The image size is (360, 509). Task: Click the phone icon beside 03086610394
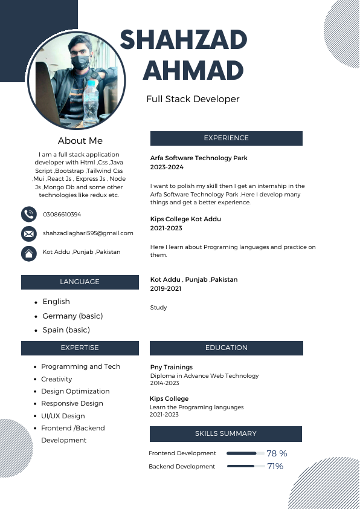point(28,215)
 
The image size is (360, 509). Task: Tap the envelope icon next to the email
point(28,233)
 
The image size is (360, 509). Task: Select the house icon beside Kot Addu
point(28,253)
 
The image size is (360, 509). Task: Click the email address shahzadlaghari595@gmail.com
point(88,233)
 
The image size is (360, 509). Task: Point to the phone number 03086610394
point(62,215)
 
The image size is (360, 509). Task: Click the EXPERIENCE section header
point(226,138)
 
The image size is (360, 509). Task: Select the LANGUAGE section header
point(80,282)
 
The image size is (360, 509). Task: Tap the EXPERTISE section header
point(80,348)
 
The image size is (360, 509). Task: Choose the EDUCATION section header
point(226,348)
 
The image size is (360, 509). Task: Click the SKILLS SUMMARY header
point(226,433)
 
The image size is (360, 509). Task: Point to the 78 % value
point(277,453)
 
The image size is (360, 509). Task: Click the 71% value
point(275,467)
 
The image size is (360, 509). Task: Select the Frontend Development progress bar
point(245,453)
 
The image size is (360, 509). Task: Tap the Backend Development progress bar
point(245,467)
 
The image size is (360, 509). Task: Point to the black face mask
point(80,62)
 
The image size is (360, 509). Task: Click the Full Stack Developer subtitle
point(193,99)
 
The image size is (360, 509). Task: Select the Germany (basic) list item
point(72,316)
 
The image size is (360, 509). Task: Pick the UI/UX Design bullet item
point(63,416)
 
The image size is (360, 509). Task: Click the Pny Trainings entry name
point(172,368)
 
